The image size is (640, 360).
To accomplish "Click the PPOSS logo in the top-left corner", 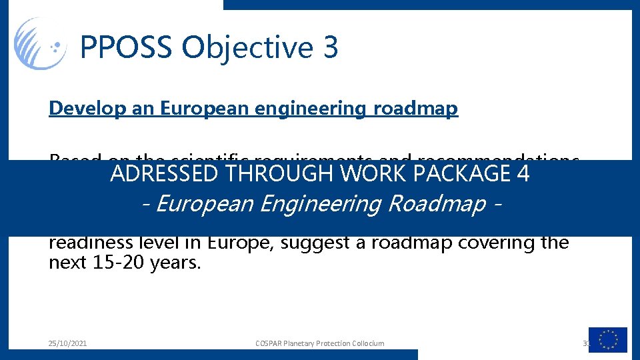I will click(x=40, y=44).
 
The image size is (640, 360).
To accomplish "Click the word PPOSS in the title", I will click(x=126, y=48).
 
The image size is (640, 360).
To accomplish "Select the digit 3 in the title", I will click(x=331, y=48).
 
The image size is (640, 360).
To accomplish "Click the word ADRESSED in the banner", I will click(x=164, y=174).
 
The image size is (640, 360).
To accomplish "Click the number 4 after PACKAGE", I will click(x=523, y=174).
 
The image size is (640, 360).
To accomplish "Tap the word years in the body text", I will click(x=175, y=263).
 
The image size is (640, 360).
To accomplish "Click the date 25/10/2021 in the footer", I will click(x=67, y=343).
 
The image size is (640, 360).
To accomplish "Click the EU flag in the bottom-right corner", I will click(x=607, y=340).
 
